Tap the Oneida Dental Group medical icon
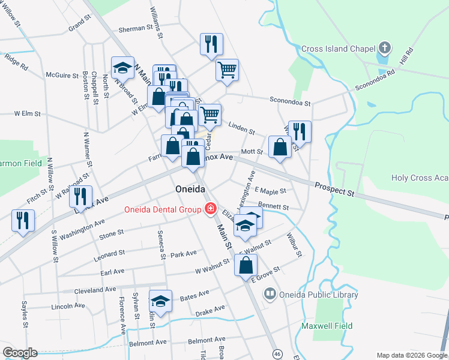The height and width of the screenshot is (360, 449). tap(210, 209)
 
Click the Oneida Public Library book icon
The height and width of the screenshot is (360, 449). tap(270, 294)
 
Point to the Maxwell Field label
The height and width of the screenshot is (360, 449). tap(327, 326)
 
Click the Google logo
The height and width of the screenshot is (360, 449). tap(19, 353)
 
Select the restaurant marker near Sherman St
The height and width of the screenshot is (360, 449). tap(211, 44)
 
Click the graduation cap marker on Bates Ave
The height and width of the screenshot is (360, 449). tap(160, 301)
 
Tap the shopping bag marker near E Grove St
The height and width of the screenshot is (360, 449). tap(246, 265)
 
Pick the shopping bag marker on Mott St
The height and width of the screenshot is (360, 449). tap(280, 146)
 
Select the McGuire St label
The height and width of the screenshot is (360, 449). tap(62, 76)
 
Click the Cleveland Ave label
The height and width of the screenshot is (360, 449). tap(95, 290)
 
